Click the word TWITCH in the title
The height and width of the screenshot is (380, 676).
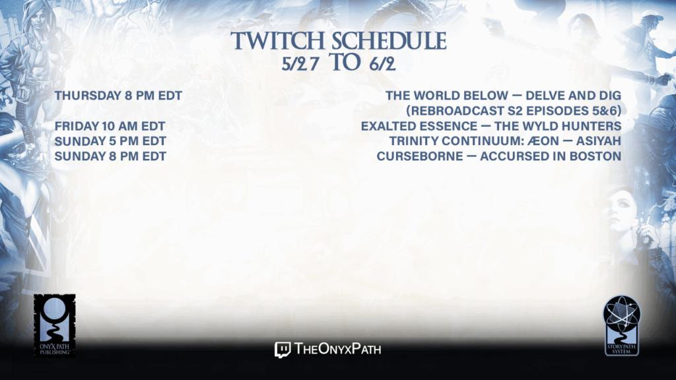point(278,42)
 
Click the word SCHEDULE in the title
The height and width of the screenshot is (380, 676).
point(389,42)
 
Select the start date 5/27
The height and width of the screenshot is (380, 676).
point(300,64)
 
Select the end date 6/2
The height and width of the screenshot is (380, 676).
point(382,64)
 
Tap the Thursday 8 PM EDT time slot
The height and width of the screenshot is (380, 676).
point(118,96)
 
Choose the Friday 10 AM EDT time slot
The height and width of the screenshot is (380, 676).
point(110,126)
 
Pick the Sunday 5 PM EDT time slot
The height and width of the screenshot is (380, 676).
point(110,141)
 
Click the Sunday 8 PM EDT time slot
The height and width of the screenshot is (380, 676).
point(110,156)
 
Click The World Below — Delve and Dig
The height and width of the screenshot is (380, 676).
point(503,96)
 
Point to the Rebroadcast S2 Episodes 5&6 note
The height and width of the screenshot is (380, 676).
point(514,111)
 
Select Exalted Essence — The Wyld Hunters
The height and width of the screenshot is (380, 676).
point(491,126)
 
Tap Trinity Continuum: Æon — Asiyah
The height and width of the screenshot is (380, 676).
point(505,141)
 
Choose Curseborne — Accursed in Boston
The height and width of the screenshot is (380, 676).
point(499,156)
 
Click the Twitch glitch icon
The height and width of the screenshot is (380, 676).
point(283,350)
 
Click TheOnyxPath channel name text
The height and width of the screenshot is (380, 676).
point(338,348)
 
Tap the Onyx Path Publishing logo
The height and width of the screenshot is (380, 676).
point(55,326)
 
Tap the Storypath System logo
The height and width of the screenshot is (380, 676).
point(621,326)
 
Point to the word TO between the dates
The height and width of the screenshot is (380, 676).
point(345,63)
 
